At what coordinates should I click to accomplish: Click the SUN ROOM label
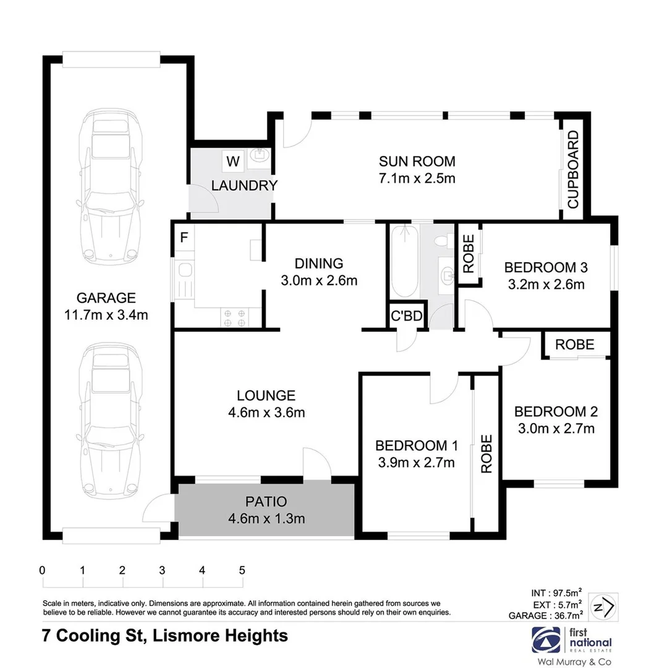[x=417, y=162]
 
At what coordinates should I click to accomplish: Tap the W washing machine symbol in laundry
[x=232, y=162]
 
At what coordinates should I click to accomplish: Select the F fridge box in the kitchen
[x=184, y=237]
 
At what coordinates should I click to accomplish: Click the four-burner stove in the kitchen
[x=234, y=317]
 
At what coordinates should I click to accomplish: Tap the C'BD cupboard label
[x=406, y=317]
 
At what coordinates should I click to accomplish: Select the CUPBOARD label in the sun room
[x=573, y=169]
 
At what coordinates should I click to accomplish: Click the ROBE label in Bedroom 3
[x=469, y=254]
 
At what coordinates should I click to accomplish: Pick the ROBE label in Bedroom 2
[x=574, y=345]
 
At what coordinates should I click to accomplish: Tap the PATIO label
[x=266, y=502]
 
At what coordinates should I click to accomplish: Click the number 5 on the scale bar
[x=242, y=570]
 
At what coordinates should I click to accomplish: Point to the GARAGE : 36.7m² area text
[x=546, y=616]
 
